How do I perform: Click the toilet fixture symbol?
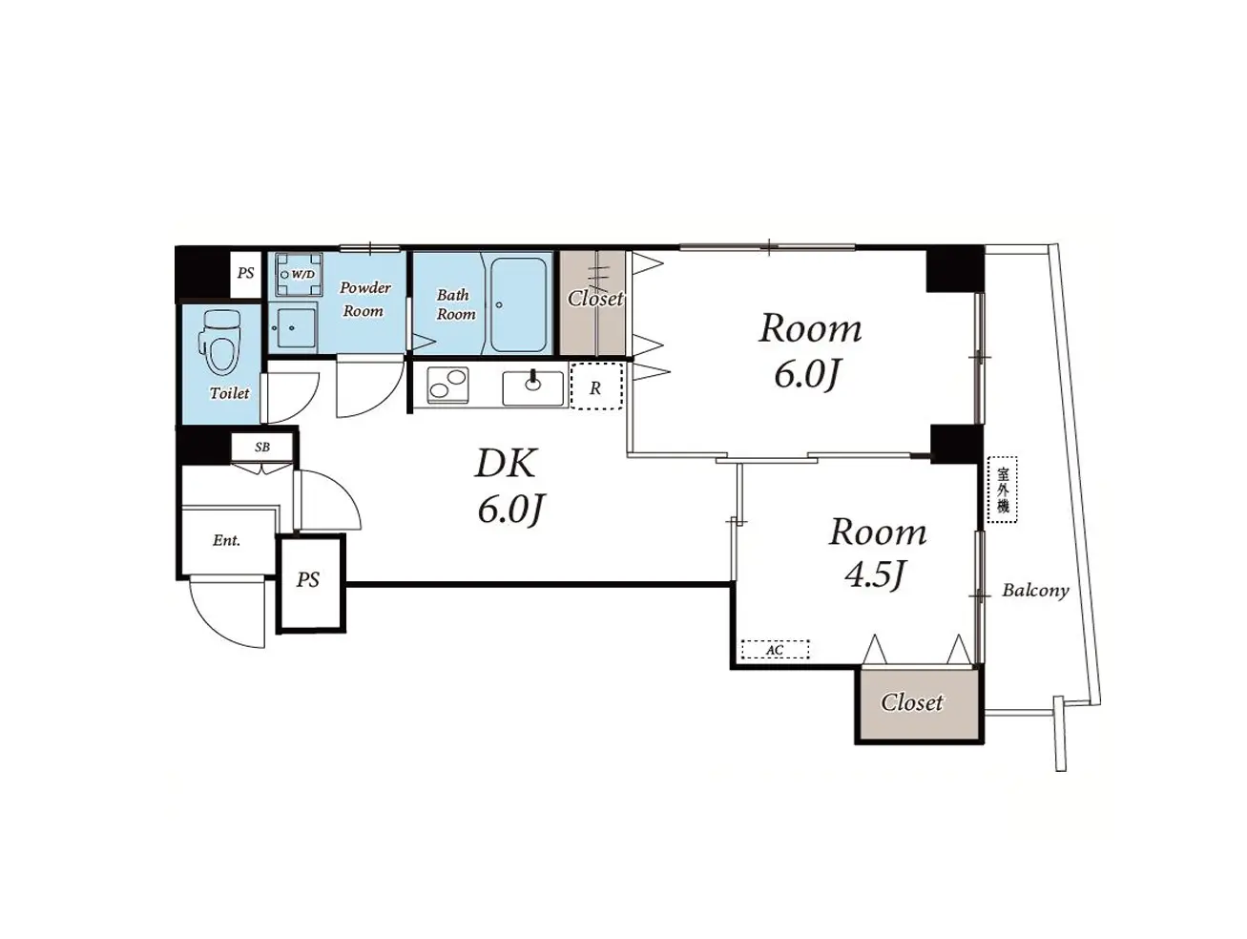219,341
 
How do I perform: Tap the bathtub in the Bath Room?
518,304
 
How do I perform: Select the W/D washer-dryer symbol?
299,275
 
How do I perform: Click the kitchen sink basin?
532,388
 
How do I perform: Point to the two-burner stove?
447,386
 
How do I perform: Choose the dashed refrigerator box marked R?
596,386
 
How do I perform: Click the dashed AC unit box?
775,650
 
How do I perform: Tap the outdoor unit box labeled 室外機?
1002,490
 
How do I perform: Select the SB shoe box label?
261,447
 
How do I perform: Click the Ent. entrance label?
227,540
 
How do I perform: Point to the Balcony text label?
1035,591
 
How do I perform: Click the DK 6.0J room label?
508,486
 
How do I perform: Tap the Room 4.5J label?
877,553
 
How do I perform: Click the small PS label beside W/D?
245,273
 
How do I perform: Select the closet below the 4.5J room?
919,703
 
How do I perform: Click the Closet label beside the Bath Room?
594,299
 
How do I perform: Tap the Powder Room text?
364,300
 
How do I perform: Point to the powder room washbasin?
293,327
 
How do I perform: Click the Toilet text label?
230,393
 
